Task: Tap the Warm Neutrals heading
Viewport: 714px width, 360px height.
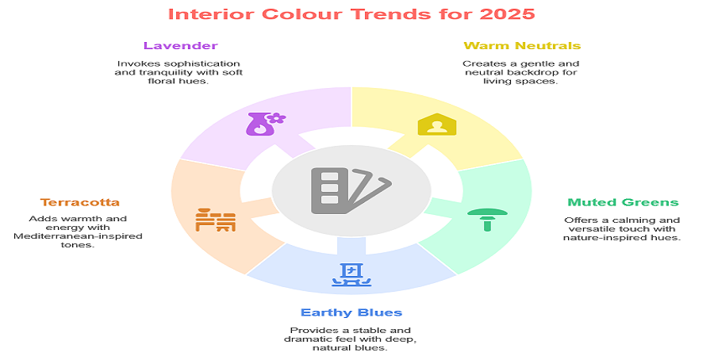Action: [522, 46]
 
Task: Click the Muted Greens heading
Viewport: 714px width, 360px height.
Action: [623, 202]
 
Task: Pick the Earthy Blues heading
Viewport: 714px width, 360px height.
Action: [351, 312]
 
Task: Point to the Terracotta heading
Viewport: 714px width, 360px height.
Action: [80, 202]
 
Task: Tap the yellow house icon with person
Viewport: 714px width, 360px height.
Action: [437, 124]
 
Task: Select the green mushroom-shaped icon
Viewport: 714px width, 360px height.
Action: [487, 218]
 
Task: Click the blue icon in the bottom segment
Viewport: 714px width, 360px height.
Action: [351, 273]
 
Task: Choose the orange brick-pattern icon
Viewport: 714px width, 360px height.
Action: [216, 220]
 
